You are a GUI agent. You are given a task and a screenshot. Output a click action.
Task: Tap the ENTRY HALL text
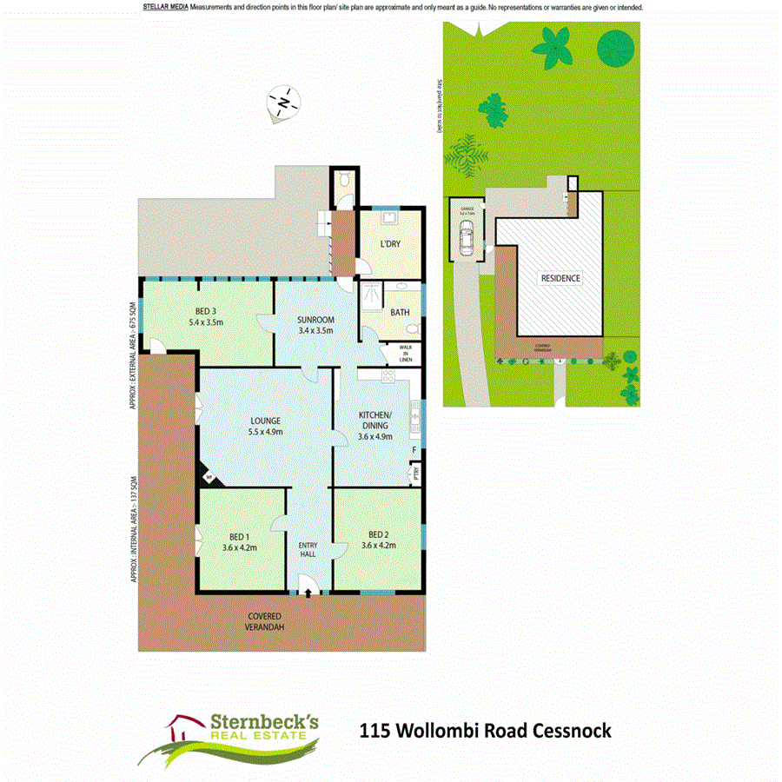(309, 550)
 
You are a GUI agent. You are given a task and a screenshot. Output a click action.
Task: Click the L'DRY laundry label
(390, 244)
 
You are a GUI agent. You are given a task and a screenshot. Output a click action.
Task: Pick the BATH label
(400, 313)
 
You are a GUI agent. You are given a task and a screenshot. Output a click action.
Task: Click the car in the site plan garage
(467, 236)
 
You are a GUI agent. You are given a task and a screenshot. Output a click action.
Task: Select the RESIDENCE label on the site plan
(560, 279)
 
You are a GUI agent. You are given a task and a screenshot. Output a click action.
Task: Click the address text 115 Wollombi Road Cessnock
(485, 731)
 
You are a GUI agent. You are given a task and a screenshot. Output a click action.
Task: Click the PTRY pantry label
(417, 474)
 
